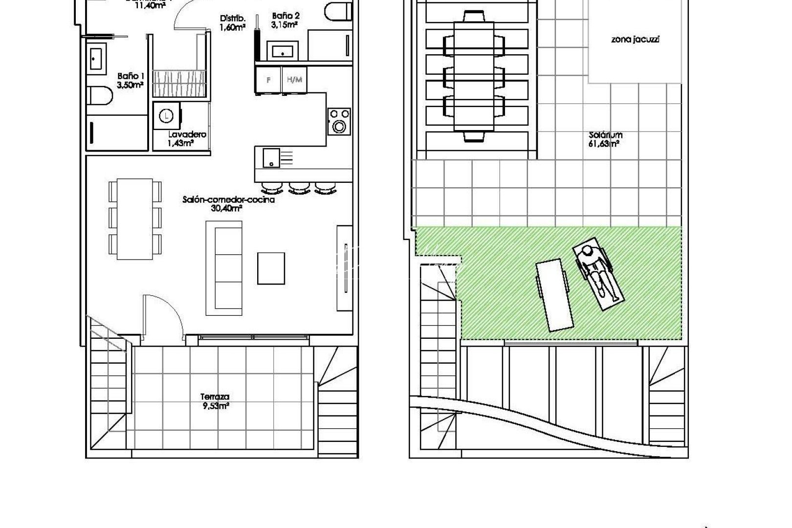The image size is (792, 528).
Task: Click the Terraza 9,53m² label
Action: pyautogui.click(x=215, y=401)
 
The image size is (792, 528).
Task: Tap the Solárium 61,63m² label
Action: pyautogui.click(x=605, y=139)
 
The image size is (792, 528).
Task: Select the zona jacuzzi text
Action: pyautogui.click(x=635, y=40)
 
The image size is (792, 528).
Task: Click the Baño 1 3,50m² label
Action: pyautogui.click(x=130, y=81)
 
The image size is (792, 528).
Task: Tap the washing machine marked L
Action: pyautogui.click(x=167, y=116)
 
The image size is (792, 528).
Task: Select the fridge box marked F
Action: pyautogui.click(x=268, y=79)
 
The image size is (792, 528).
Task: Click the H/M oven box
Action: pyautogui.click(x=294, y=79)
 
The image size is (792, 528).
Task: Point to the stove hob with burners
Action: pyautogui.click(x=339, y=121)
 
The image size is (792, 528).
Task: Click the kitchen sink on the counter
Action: pyautogui.click(x=271, y=157)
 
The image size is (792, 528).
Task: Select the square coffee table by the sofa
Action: pyautogui.click(x=271, y=268)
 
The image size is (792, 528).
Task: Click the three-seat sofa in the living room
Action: pyautogui.click(x=224, y=268)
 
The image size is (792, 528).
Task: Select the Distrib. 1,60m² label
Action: pyautogui.click(x=232, y=23)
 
